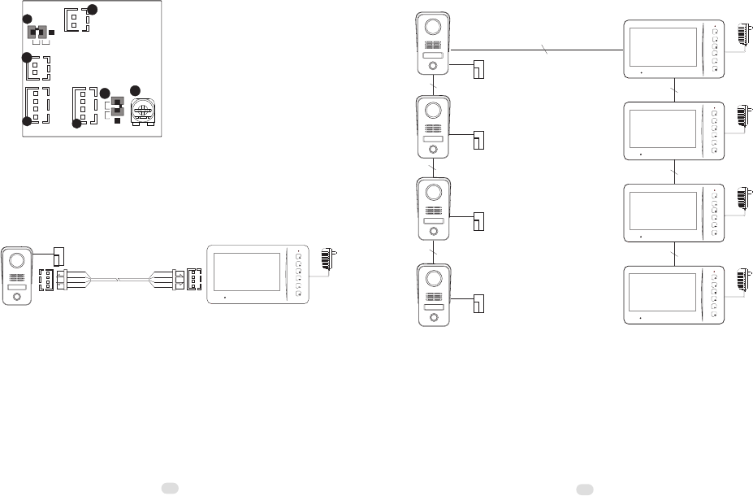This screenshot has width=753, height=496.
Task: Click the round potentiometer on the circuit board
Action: (144, 111)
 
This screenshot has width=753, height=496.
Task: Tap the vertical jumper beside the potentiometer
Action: (116, 107)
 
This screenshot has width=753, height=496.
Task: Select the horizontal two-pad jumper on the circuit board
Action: (37, 33)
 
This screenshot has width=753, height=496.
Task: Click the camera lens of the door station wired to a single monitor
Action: (16, 261)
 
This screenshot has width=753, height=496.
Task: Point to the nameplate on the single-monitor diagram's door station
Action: (16, 287)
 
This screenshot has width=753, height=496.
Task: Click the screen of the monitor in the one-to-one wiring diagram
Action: (245, 274)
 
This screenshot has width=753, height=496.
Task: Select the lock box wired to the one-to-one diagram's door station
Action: (58, 257)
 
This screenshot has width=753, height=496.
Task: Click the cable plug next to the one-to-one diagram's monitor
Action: (180, 279)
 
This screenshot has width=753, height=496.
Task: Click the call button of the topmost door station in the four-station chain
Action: (433, 67)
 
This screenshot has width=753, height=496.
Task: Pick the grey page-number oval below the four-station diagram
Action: (583, 489)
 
